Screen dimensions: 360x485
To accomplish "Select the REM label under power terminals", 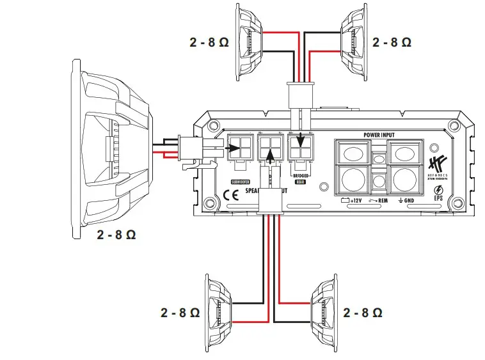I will [x=383, y=200].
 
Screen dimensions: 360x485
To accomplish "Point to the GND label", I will [x=410, y=200].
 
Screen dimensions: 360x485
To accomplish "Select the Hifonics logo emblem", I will [x=438, y=160].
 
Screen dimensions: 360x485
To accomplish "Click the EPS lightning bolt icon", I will [x=438, y=189].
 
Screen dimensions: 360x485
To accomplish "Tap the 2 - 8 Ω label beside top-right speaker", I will [x=392, y=42].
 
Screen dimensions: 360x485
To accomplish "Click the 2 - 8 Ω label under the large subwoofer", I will [x=116, y=235].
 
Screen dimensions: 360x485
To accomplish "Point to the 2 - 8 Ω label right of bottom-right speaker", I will [x=363, y=313].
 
